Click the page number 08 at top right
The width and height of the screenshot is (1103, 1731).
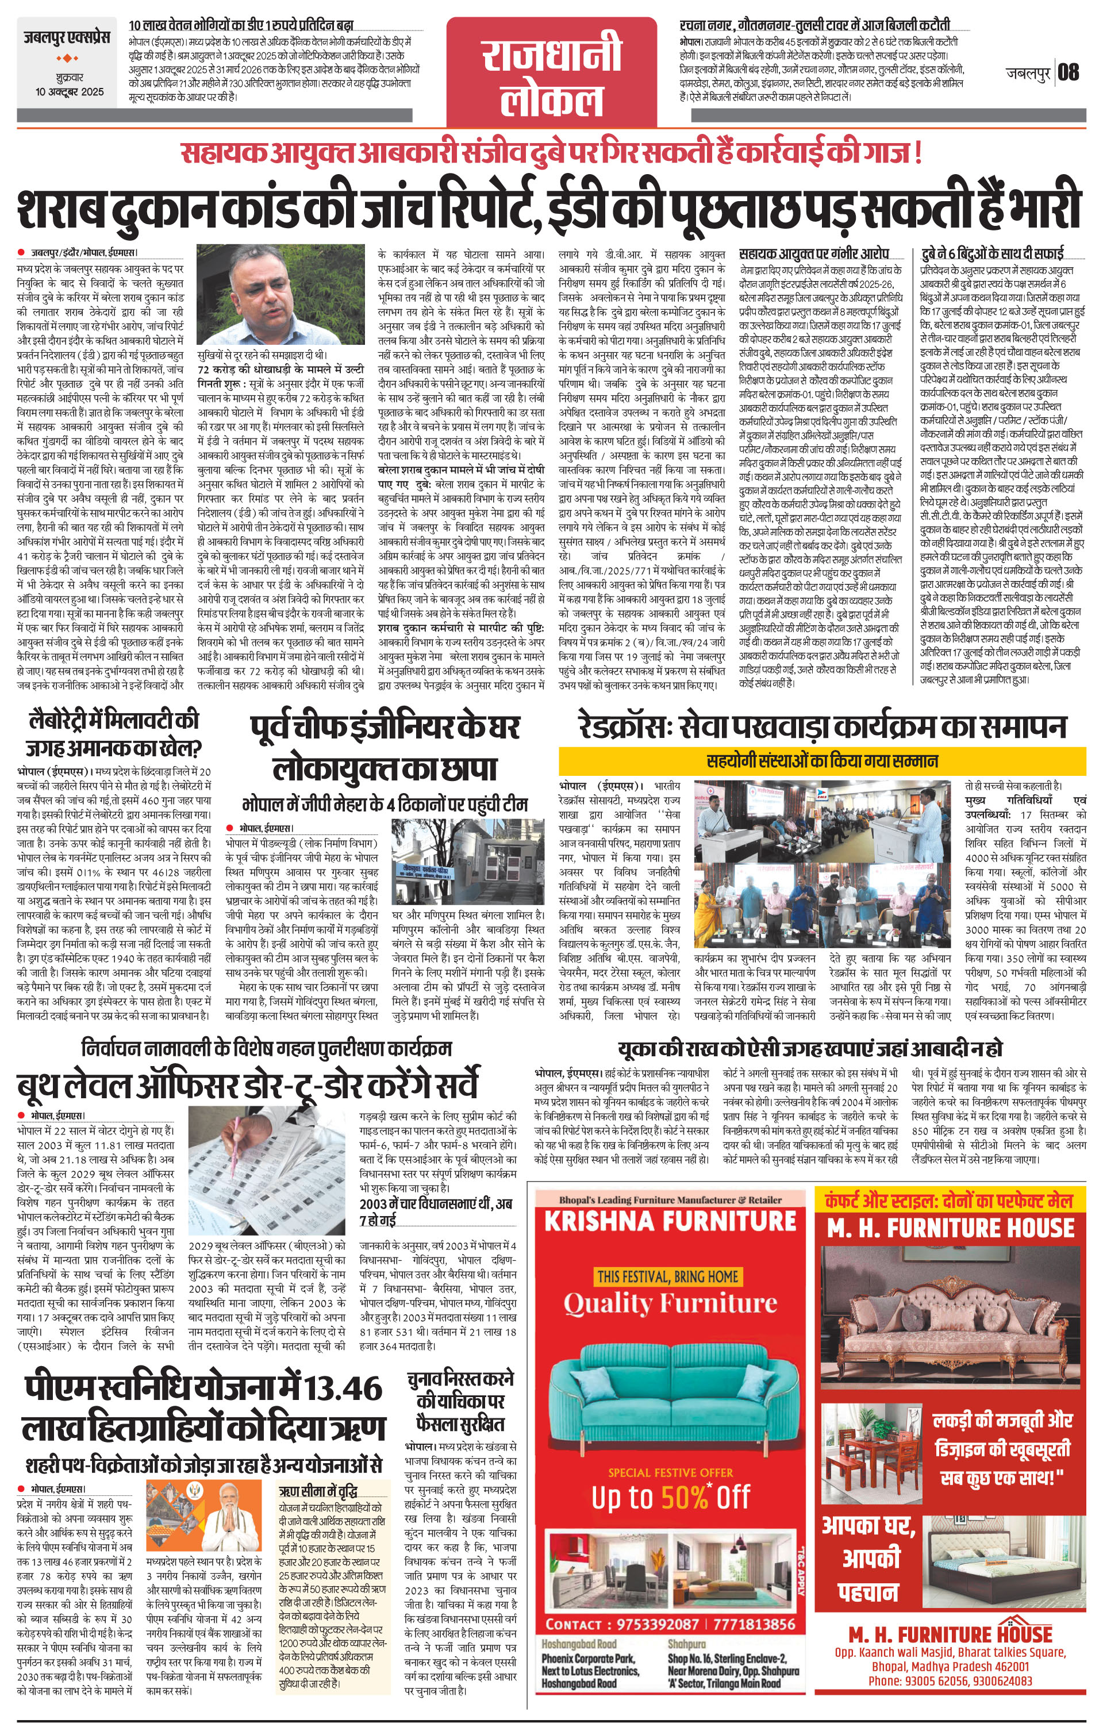point(1069,72)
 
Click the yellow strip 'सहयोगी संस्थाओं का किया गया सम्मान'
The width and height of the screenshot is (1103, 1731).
point(822,760)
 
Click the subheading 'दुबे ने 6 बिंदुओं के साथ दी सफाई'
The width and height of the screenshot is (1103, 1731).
point(992,252)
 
